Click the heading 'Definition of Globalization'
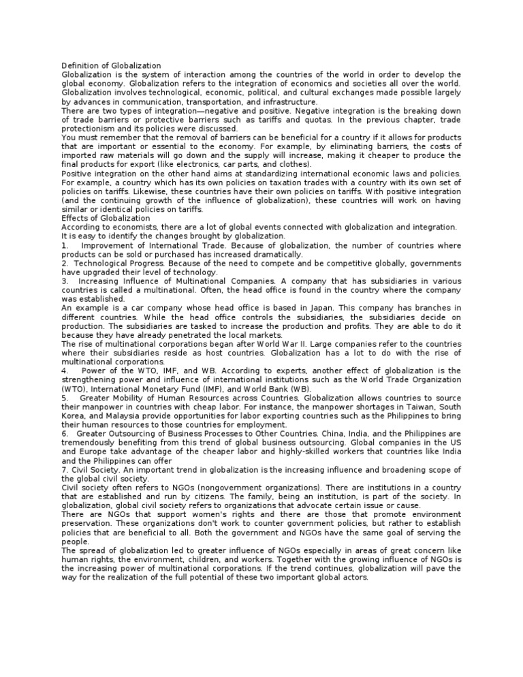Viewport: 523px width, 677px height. pyautogui.click(x=111, y=65)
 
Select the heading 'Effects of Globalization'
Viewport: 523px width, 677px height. pyautogui.click(x=106, y=218)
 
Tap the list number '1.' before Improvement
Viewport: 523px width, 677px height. pyautogui.click(x=65, y=245)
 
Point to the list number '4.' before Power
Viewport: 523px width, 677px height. pyautogui.click(x=65, y=371)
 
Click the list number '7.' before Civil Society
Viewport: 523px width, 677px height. pyautogui.click(x=65, y=470)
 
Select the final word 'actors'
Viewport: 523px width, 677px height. pyautogui.click(x=353, y=577)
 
